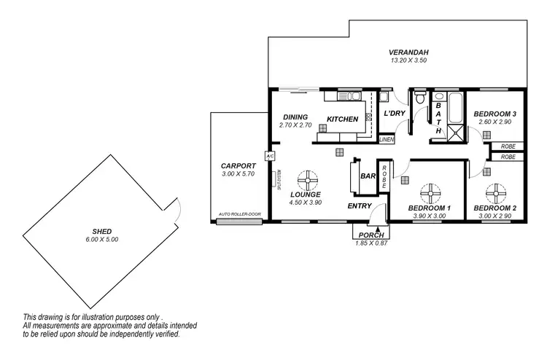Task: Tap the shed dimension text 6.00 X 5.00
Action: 101,240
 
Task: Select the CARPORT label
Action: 238,165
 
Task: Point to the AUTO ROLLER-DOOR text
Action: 239,214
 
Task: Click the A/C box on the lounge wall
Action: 269,157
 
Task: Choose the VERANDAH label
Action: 408,52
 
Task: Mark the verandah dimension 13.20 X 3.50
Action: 408,60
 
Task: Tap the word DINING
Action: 295,117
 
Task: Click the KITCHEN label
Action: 342,119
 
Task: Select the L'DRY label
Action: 395,113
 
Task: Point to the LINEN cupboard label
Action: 387,139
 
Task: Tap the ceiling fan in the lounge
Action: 309,180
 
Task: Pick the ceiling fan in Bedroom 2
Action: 497,192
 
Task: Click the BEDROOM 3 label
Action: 495,114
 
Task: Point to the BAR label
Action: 368,176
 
